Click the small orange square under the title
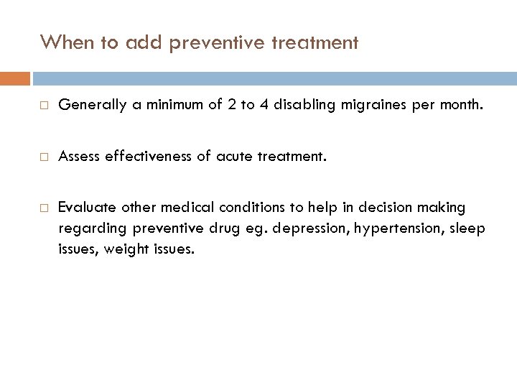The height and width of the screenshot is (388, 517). point(15,78)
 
